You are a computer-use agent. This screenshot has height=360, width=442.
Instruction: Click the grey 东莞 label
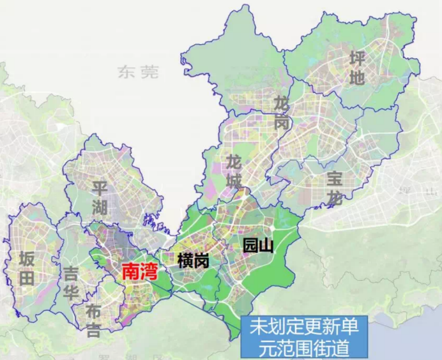tap(138, 72)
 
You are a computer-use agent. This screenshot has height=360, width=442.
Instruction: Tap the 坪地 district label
tap(357, 68)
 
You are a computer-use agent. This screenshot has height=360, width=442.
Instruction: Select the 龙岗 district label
tap(282, 113)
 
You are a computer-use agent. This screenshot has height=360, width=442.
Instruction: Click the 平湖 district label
tap(99, 198)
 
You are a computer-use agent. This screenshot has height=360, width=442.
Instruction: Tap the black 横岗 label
tap(194, 260)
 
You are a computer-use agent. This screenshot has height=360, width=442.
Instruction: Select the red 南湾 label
tap(140, 272)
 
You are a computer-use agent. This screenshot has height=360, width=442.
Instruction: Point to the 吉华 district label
tap(71, 283)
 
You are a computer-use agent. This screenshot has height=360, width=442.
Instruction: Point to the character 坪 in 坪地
tap(357, 59)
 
